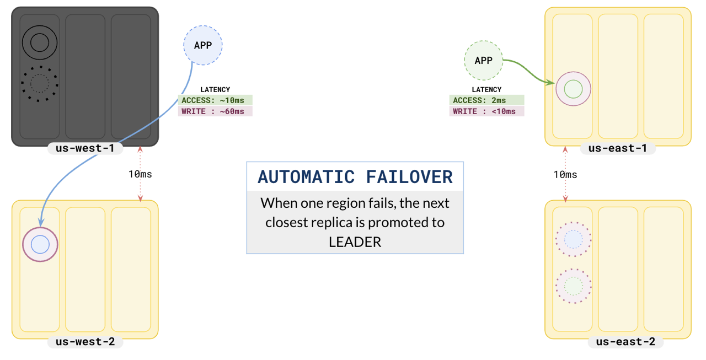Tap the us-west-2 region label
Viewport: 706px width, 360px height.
click(x=85, y=342)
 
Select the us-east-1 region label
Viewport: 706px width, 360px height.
click(x=617, y=148)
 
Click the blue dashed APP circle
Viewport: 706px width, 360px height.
click(x=203, y=45)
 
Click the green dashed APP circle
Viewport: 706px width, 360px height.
click(x=483, y=60)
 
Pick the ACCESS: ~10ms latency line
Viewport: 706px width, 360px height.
click(x=215, y=100)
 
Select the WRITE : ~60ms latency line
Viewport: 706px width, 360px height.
click(x=215, y=111)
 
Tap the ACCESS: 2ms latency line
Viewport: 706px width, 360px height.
click(x=486, y=100)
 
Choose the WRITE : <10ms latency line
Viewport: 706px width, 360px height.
click(x=486, y=111)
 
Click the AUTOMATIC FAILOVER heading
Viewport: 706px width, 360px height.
click(x=355, y=177)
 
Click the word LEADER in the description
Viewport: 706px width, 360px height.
click(x=355, y=242)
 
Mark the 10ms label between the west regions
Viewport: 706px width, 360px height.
click(x=140, y=174)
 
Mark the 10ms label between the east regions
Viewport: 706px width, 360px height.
click(x=565, y=175)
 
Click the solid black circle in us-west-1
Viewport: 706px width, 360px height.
click(x=39, y=42)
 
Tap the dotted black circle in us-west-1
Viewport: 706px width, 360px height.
click(x=39, y=83)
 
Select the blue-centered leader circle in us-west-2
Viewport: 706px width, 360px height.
click(x=40, y=244)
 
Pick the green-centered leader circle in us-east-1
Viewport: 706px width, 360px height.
click(x=574, y=89)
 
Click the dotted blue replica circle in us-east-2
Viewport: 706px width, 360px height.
click(x=574, y=239)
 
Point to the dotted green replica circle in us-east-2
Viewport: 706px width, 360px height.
click(x=574, y=286)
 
